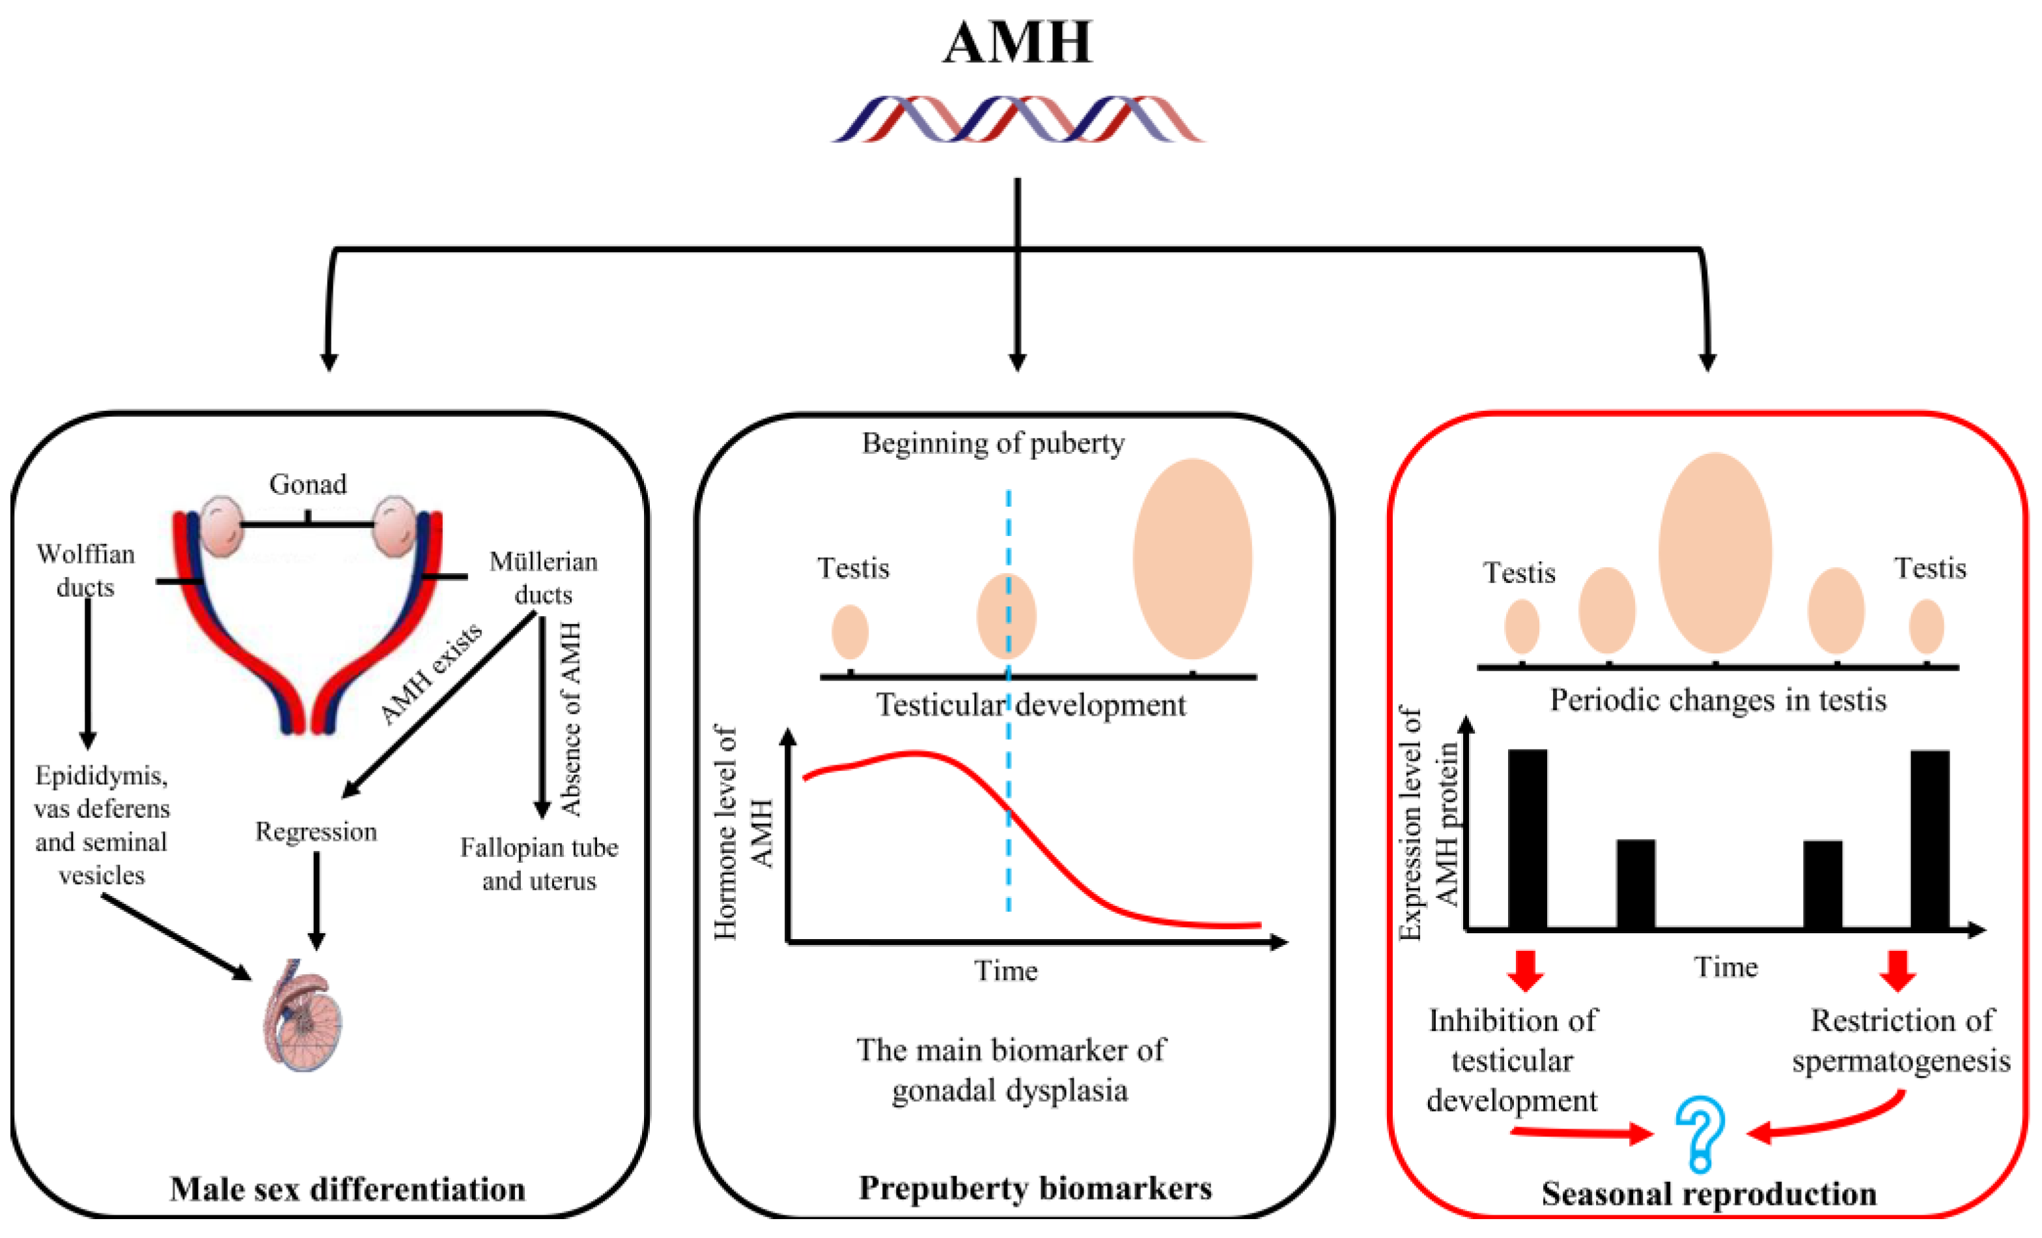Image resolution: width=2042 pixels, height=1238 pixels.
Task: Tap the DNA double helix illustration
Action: click(x=1018, y=119)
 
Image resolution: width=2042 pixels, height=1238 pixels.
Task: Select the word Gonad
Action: click(x=307, y=484)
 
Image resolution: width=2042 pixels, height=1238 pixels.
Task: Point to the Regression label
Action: click(x=316, y=831)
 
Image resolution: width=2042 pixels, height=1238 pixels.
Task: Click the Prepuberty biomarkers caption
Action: click(x=1035, y=1187)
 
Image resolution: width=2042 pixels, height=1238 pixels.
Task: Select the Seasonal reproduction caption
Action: click(x=1709, y=1193)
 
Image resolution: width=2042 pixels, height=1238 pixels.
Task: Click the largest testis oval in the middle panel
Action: click(x=1192, y=559)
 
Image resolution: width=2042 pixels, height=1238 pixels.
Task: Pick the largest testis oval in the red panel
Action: click(x=1714, y=553)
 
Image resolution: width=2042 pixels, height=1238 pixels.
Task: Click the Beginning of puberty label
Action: click(x=993, y=443)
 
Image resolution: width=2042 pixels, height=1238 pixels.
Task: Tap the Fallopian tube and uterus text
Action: click(x=540, y=864)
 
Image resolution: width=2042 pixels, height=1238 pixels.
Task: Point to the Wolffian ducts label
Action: click(x=85, y=570)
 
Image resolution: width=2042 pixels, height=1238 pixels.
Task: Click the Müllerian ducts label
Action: click(x=543, y=578)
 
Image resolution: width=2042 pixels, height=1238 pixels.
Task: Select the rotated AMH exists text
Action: click(x=430, y=673)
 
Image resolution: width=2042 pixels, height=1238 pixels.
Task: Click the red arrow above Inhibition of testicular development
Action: click(x=1525, y=970)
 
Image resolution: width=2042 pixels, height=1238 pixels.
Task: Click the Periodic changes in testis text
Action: click(x=1718, y=700)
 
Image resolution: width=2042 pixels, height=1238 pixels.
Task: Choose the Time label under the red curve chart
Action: click(x=1005, y=970)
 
